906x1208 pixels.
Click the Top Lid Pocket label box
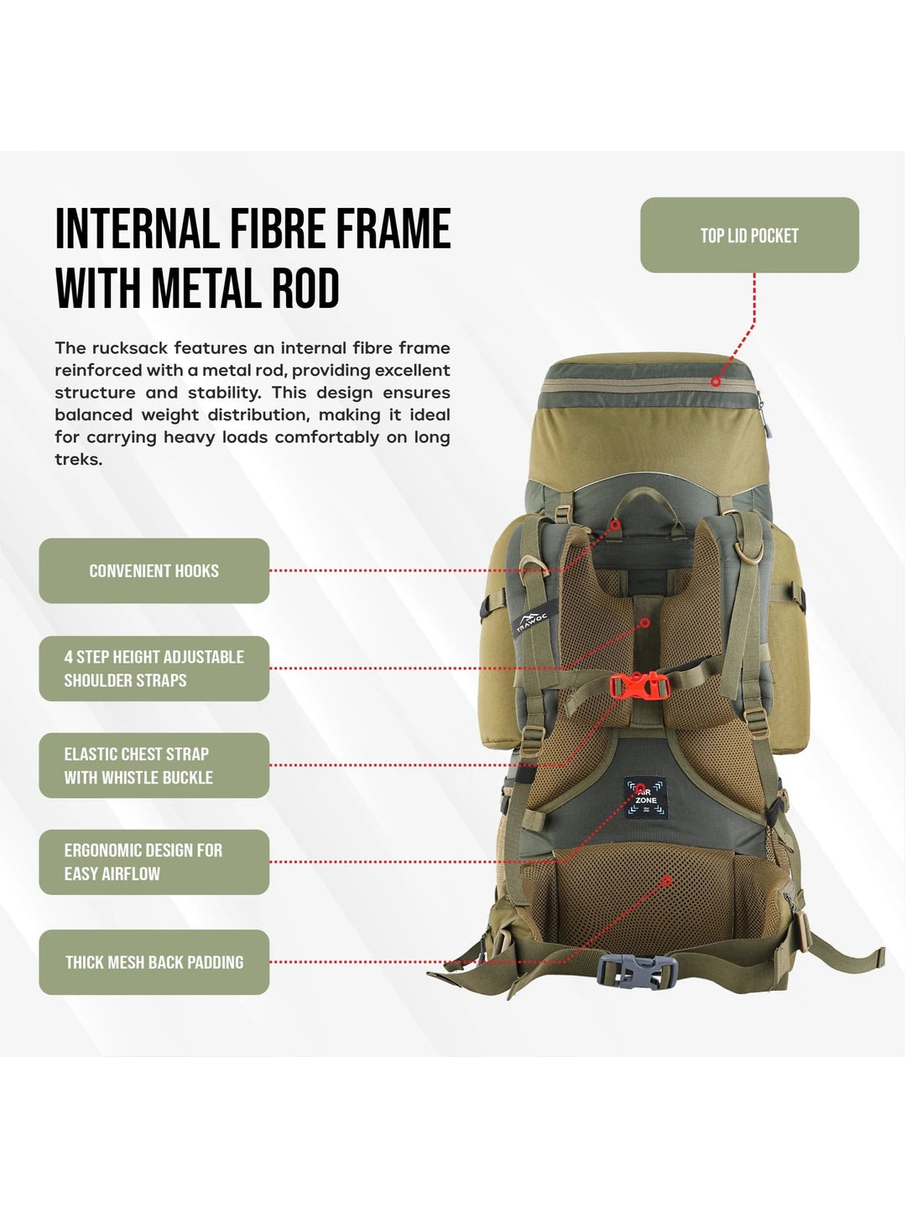(x=749, y=235)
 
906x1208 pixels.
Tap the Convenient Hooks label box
(x=154, y=570)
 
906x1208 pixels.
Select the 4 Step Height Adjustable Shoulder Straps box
(x=154, y=669)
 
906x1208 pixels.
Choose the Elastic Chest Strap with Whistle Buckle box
(x=154, y=766)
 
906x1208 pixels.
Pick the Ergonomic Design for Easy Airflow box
(x=154, y=862)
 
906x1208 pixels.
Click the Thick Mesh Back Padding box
(x=154, y=962)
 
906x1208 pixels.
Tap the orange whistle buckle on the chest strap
(x=639, y=685)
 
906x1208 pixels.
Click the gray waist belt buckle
(x=637, y=971)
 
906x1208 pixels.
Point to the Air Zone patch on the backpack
(x=645, y=798)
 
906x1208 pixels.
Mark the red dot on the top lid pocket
(x=715, y=382)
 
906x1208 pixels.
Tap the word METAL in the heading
(x=206, y=288)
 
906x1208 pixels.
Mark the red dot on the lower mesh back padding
(x=666, y=881)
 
